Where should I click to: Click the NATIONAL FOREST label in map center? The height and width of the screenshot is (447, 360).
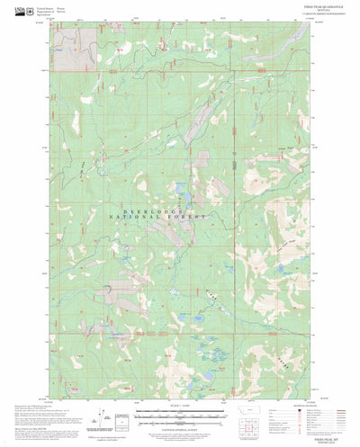pos(159,218)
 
